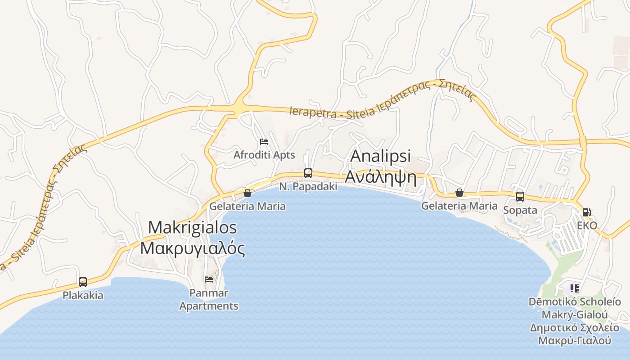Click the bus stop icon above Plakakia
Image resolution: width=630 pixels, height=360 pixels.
click(83, 282)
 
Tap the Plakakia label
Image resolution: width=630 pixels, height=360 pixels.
click(83, 296)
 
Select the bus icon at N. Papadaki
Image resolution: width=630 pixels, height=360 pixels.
click(308, 173)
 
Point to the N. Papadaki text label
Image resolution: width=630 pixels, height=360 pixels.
click(308, 186)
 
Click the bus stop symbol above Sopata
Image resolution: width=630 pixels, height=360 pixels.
click(520, 197)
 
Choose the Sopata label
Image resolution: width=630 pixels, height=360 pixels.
click(520, 210)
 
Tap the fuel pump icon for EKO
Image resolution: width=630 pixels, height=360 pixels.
click(587, 212)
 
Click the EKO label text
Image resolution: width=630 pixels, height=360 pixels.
click(587, 225)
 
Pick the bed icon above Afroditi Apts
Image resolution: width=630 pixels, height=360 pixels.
click(264, 142)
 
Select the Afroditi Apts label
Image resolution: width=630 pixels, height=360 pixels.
click(264, 155)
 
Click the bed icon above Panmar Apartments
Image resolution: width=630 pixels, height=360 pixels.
click(209, 279)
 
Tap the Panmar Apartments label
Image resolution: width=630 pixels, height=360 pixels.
click(209, 299)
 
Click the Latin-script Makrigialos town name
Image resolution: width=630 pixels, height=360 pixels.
click(193, 227)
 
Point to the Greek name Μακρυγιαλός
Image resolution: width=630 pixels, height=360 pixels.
click(193, 248)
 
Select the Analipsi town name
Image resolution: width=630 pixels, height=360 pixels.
click(381, 156)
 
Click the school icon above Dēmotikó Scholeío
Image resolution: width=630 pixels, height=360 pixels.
click(575, 288)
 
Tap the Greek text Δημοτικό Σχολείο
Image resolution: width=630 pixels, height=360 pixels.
click(575, 328)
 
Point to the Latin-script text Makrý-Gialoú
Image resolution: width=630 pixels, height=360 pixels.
click(575, 315)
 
